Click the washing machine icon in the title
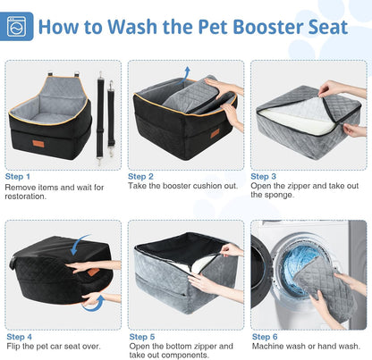click(19, 26)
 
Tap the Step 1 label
click(18, 177)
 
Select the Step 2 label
click(140, 177)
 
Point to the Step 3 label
click(264, 177)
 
